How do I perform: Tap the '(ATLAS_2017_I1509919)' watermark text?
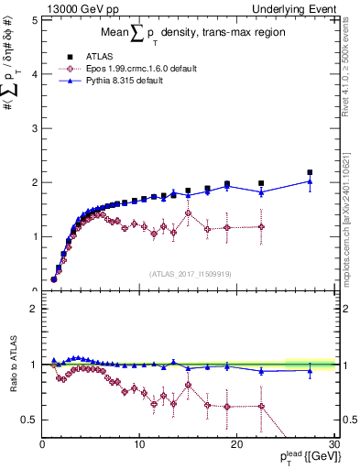pos(189,273)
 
